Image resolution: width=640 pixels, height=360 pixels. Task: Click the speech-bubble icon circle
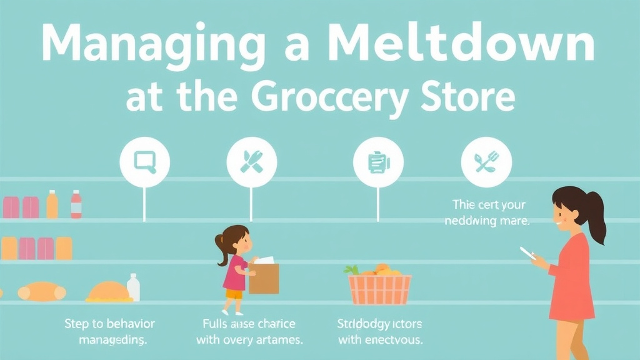tap(144, 162)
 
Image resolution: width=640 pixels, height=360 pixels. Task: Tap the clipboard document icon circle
tap(377, 162)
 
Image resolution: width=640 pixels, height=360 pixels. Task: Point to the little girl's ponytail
tap(221, 242)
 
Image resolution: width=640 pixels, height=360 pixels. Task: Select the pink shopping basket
tap(379, 289)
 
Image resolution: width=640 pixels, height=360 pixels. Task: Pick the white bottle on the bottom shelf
tap(133, 287)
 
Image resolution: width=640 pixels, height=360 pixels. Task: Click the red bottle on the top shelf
tap(76, 204)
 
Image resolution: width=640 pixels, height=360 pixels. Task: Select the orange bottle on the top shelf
tap(52, 204)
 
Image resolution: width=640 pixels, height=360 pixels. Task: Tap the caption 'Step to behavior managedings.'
tap(110, 332)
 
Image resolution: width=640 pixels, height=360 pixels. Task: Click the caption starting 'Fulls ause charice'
tap(249, 332)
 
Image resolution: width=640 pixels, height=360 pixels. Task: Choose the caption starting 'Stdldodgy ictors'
tap(380, 332)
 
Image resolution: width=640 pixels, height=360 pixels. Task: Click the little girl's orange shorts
tap(234, 294)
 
